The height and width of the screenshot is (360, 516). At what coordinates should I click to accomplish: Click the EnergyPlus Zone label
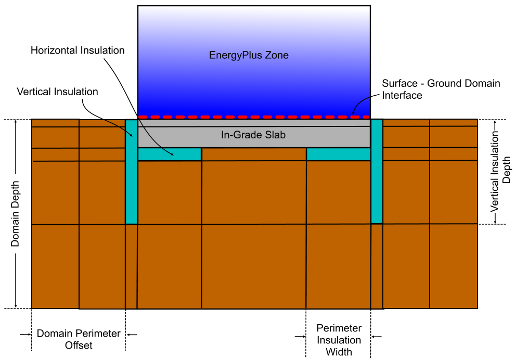249,55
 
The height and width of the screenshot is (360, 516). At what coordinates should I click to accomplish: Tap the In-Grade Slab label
253,135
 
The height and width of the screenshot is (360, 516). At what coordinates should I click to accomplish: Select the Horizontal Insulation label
78,50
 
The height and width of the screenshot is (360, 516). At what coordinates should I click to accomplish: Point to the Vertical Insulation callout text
57,92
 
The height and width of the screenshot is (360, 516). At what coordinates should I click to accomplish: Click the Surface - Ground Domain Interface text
441,89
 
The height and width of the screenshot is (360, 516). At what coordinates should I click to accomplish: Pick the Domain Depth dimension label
16,214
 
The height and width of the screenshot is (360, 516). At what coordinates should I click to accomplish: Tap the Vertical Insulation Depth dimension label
501,171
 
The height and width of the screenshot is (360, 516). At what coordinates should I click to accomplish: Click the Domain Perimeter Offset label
79,339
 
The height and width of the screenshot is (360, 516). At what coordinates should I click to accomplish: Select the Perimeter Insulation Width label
339,340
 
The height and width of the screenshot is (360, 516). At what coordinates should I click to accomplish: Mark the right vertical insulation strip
377,172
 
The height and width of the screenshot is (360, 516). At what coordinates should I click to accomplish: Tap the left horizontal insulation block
169,155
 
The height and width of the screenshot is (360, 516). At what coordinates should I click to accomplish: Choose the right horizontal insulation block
338,155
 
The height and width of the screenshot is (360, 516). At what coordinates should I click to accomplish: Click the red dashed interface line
253,117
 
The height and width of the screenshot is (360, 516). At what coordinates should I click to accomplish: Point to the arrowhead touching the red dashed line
354,113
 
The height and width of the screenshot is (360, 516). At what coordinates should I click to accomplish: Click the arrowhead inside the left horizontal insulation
172,154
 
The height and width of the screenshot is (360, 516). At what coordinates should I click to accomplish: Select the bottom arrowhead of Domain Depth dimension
16,305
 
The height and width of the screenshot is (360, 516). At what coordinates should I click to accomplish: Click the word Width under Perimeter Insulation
339,352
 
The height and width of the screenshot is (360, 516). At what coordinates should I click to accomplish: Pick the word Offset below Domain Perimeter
79,345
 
